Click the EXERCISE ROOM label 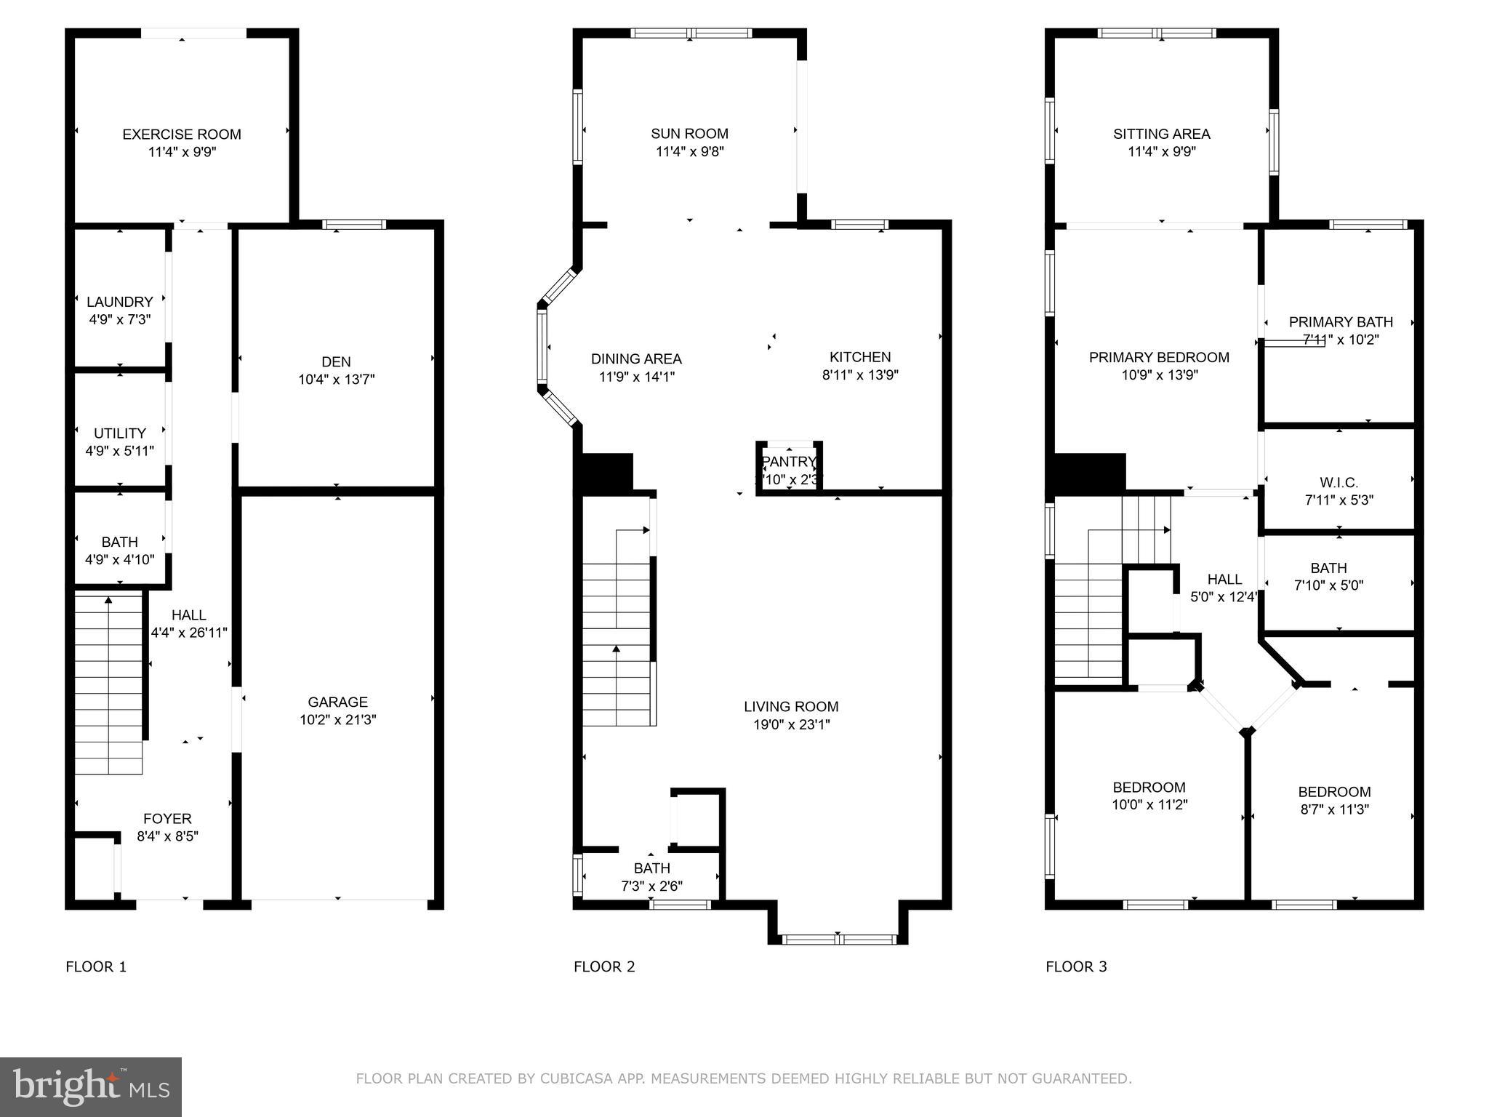pyautogui.click(x=182, y=135)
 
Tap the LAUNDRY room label pyautogui.click(x=120, y=302)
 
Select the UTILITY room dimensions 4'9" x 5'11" pyautogui.click(x=120, y=451)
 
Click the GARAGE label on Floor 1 pyautogui.click(x=337, y=702)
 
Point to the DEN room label pyautogui.click(x=336, y=361)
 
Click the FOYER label pyautogui.click(x=167, y=819)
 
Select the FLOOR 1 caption pyautogui.click(x=96, y=966)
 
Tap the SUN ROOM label pyautogui.click(x=689, y=134)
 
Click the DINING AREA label pyautogui.click(x=636, y=359)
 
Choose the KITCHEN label pyautogui.click(x=860, y=357)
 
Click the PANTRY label pyautogui.click(x=789, y=462)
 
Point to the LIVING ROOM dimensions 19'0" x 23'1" pyautogui.click(x=791, y=724)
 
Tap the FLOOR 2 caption pyautogui.click(x=604, y=966)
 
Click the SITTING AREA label pyautogui.click(x=1161, y=134)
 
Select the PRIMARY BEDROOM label pyautogui.click(x=1159, y=357)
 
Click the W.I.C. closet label pyautogui.click(x=1339, y=483)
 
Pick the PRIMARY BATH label pyautogui.click(x=1341, y=321)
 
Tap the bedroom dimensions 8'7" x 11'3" pyautogui.click(x=1334, y=809)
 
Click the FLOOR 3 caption pyautogui.click(x=1076, y=966)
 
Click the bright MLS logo pyautogui.click(x=91, y=1086)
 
